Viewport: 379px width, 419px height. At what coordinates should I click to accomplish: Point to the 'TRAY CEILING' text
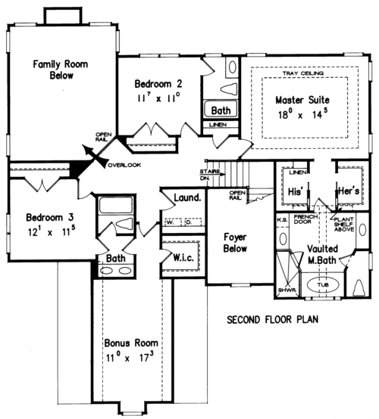tap(302, 73)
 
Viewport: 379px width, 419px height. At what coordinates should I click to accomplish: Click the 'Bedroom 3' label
tap(40, 214)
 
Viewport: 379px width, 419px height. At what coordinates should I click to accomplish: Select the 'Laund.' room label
tap(186, 199)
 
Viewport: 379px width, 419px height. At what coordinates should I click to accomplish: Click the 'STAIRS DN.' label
tap(211, 175)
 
